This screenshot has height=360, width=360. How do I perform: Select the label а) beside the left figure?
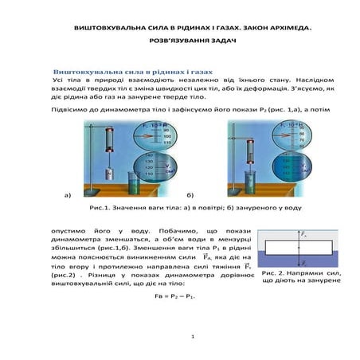[x=68, y=194]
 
